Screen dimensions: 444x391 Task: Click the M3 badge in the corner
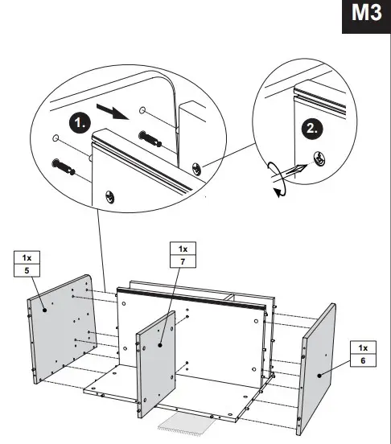366,17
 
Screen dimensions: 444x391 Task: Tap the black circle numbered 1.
79,124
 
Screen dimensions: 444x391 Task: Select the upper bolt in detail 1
152,139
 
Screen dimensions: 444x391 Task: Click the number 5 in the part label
27,270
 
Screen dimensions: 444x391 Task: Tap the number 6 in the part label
363,360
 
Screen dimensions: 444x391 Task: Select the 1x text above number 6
363,347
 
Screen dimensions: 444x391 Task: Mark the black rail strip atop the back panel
193,298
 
